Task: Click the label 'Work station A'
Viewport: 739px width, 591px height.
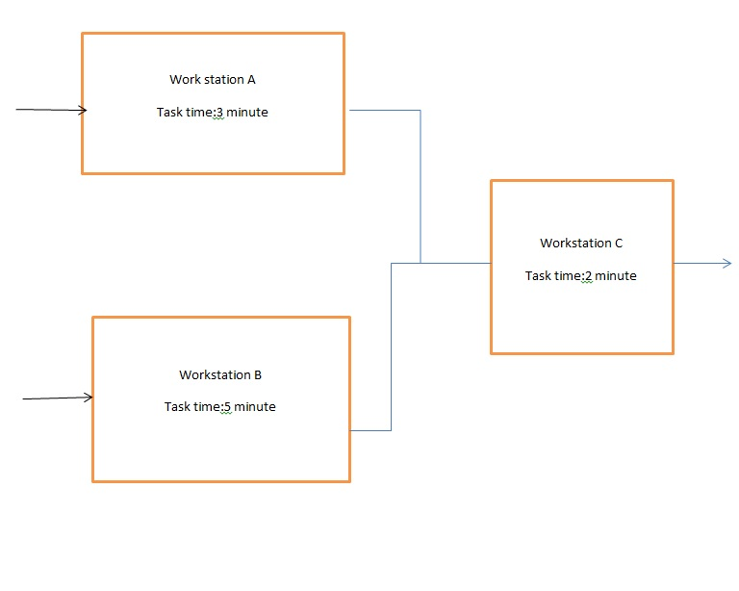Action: [x=213, y=80]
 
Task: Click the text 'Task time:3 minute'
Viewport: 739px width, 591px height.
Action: [x=213, y=113]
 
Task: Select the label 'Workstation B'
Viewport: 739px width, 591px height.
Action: [x=220, y=374]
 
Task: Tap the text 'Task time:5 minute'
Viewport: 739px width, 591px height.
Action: [x=220, y=407]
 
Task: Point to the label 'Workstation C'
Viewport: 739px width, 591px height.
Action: [x=581, y=244]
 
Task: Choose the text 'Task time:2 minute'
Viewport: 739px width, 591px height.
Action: [x=581, y=276]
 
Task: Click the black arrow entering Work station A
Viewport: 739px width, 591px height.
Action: [x=52, y=110]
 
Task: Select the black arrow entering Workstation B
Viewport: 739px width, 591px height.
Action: [x=58, y=398]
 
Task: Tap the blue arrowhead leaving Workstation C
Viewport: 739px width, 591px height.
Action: [x=726, y=263]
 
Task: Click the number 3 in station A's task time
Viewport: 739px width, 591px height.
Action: [x=219, y=113]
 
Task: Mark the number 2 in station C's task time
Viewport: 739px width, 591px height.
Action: [x=588, y=276]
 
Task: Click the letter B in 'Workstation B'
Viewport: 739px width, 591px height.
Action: [x=258, y=374]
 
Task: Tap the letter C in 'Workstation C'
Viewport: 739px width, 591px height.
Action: [x=619, y=244]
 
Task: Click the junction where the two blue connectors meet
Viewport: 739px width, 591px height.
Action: [x=420, y=263]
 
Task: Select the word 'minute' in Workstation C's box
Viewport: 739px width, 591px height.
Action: [x=616, y=276]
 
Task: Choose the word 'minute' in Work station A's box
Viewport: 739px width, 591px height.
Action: [x=247, y=113]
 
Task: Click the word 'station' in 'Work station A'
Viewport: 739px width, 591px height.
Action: [x=223, y=80]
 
